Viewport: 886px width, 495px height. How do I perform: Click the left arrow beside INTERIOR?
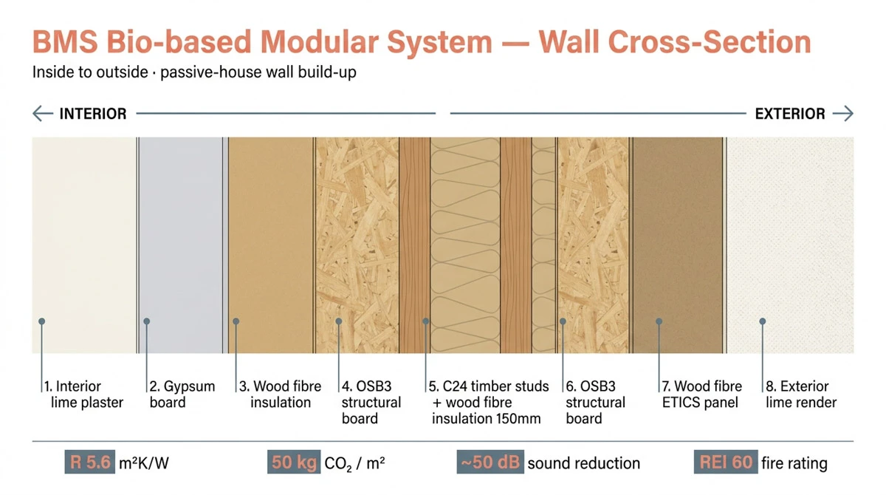(42, 114)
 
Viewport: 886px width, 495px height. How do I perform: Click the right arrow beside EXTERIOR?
(842, 114)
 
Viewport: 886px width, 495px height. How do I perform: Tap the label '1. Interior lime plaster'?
(83, 395)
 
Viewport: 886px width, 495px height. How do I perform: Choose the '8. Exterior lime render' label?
(801, 395)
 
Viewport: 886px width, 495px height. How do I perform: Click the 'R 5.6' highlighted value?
(90, 463)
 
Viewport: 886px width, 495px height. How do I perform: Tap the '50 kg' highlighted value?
(293, 463)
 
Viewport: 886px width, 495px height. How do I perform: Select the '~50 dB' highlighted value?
(490, 463)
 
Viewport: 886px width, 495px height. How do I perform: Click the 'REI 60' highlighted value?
(726, 463)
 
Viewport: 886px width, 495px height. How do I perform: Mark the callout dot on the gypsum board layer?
(148, 321)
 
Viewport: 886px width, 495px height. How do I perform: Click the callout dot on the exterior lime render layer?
(763, 321)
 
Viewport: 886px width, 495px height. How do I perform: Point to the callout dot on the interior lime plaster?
(42, 321)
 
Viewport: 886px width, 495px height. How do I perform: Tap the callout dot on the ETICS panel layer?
(658, 321)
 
